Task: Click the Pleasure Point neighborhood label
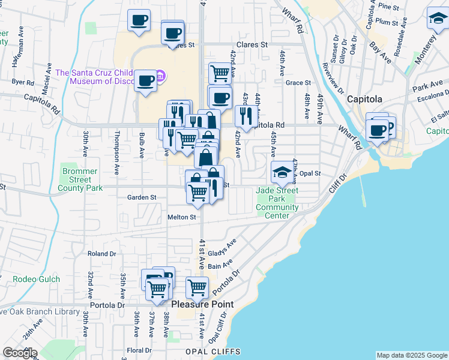click(x=202, y=304)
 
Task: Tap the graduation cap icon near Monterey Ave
click(x=438, y=20)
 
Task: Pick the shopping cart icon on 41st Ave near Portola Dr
click(x=197, y=288)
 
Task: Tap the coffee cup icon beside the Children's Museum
click(x=145, y=81)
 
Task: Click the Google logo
click(x=19, y=353)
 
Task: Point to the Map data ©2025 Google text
click(x=412, y=355)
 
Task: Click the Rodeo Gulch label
click(x=33, y=279)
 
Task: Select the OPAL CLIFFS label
click(x=213, y=352)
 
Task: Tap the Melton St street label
click(x=182, y=217)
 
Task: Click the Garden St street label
click(x=142, y=197)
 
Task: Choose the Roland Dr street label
click(x=101, y=254)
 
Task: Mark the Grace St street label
click(x=298, y=83)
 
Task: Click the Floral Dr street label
click(x=139, y=350)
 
